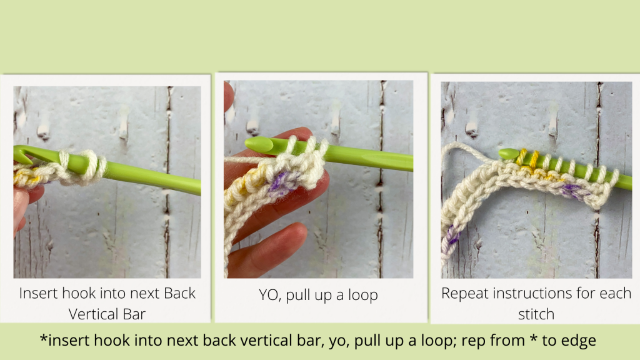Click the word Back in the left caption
[179, 293]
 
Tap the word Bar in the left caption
[134, 314]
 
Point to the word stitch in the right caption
[536, 314]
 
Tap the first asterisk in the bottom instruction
[43, 339]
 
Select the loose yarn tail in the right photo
[465, 149]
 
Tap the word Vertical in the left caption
[94, 314]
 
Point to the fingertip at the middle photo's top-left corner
[229, 96]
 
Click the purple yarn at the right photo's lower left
[452, 234]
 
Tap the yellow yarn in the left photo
[26, 177]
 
